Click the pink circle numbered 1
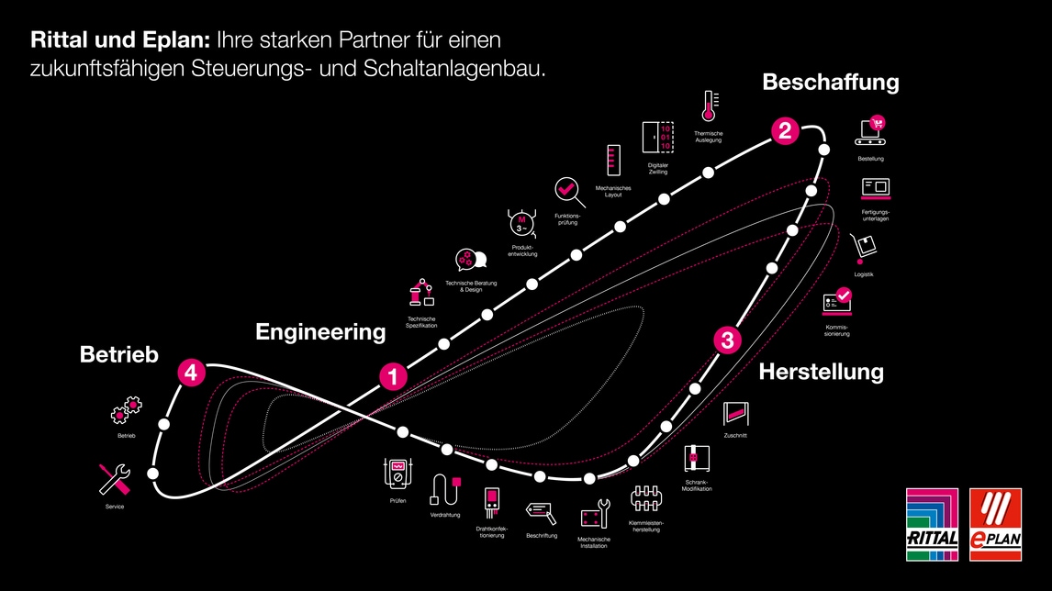pos(393,375)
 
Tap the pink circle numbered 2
pos(784,131)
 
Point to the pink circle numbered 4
pos(190,373)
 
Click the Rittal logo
pos(932,523)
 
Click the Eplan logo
pos(994,523)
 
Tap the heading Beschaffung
pos(830,83)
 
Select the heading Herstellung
pos(821,372)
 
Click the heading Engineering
pos(320,331)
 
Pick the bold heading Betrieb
pos(119,354)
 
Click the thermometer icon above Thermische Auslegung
pos(709,107)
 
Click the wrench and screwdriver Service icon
pos(115,479)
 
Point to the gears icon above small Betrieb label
pos(127,411)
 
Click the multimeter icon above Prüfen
pos(398,474)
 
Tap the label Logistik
pos(863,274)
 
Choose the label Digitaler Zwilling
pos(657,168)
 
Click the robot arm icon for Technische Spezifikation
pos(420,293)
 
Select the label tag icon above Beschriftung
pos(541,512)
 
